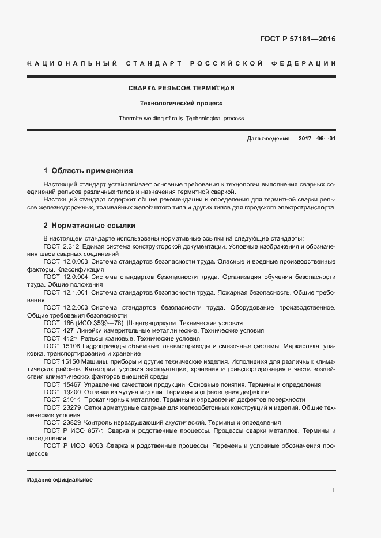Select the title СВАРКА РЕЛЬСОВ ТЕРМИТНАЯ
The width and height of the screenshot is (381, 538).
coord(180,89)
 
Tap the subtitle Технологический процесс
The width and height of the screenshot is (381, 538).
coord(181,104)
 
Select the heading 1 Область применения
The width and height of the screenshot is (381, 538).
coord(88,171)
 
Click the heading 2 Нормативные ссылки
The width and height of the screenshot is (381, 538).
coord(89,225)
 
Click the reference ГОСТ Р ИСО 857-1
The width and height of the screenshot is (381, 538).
coord(74,430)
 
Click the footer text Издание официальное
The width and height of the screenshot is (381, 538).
coord(59,479)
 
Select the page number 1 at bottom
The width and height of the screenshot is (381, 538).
coord(334,490)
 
